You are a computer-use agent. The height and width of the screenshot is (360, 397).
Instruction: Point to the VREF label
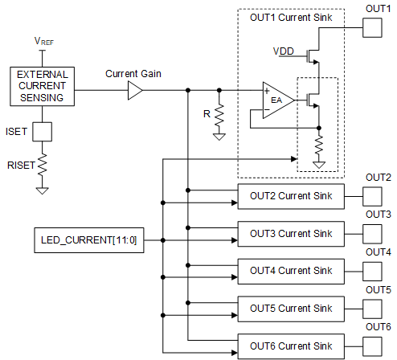45,40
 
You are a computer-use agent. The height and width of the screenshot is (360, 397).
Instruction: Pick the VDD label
283,51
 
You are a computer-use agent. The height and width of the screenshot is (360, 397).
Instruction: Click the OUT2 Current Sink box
290,196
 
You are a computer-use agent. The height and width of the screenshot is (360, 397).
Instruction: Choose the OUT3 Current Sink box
290,234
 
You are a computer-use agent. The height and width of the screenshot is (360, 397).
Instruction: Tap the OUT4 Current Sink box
290,271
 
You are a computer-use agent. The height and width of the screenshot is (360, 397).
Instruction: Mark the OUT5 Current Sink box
290,309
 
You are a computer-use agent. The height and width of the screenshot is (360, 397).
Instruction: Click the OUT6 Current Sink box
290,346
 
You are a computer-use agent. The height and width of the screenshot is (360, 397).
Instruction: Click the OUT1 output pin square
374,28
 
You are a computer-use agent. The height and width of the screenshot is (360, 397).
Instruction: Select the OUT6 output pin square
374,346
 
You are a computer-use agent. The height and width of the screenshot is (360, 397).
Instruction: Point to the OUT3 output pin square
374,234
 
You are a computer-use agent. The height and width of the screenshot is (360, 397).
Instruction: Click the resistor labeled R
219,115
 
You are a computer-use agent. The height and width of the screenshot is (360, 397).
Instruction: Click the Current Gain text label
133,74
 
